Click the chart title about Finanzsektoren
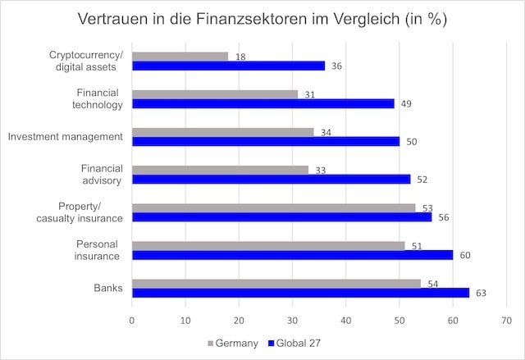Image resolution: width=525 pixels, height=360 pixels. (262, 19)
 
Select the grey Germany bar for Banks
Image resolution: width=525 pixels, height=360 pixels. (276, 283)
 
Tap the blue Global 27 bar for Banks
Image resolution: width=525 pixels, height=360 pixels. (300, 293)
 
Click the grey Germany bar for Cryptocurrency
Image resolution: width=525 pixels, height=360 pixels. (180, 57)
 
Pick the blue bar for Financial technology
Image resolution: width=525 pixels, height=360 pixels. (262, 104)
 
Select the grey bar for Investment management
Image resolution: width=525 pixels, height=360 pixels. (222, 132)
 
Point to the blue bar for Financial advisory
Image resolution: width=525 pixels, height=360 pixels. (271, 180)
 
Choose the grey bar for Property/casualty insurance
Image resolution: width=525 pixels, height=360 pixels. (273, 207)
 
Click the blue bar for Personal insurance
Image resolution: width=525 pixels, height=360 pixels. (292, 255)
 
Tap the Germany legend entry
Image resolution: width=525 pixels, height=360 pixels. (235, 341)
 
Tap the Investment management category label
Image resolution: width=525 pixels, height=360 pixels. (65, 136)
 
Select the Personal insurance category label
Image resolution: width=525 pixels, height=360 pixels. (98, 250)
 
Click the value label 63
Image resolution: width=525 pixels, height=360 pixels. (481, 293)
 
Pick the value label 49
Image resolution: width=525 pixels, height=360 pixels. (405, 104)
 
